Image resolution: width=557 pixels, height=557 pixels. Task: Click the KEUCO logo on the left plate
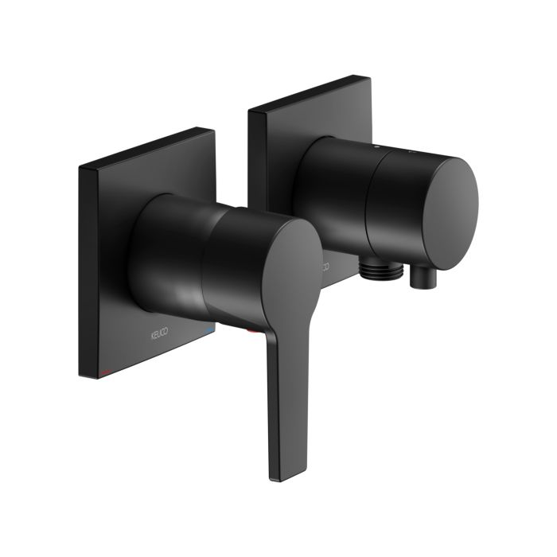[162, 329]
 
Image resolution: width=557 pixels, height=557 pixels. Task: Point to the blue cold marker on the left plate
[209, 329]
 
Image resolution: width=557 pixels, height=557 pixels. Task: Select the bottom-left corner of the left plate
[80, 375]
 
